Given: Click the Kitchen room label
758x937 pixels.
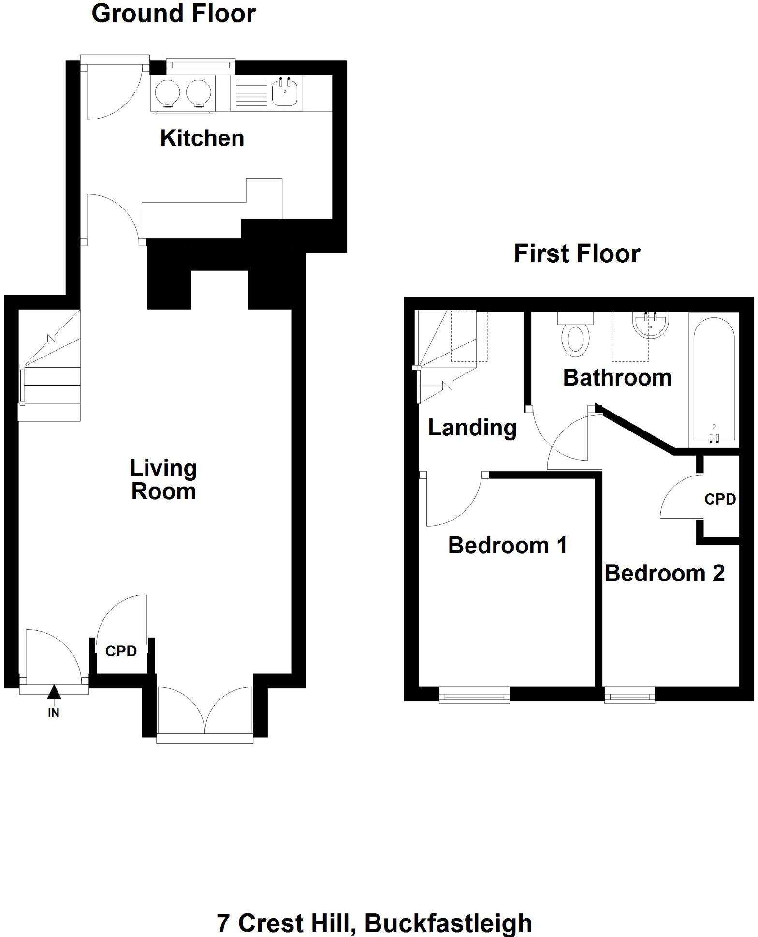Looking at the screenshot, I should pyautogui.click(x=202, y=138).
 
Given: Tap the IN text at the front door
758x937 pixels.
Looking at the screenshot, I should pyautogui.click(x=53, y=712).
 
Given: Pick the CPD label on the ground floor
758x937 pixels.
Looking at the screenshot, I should pyautogui.click(x=121, y=651).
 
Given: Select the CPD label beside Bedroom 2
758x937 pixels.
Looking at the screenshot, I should pyautogui.click(x=720, y=499).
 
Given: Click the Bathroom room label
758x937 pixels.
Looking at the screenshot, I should pyautogui.click(x=617, y=378).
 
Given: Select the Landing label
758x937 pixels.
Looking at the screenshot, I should pyautogui.click(x=472, y=428).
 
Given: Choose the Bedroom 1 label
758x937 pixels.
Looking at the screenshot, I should pyautogui.click(x=507, y=546).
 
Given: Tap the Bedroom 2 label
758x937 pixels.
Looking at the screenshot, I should pyautogui.click(x=664, y=573).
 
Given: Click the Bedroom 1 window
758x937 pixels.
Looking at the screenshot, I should pyautogui.click(x=474, y=696).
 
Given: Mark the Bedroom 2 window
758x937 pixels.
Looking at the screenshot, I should pyautogui.click(x=629, y=696).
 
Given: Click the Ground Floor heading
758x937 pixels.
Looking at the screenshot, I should pyautogui.click(x=173, y=14).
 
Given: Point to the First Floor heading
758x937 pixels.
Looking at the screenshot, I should pyautogui.click(x=577, y=253).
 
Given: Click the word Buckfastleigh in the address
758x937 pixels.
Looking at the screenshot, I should pyautogui.click(x=448, y=923).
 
